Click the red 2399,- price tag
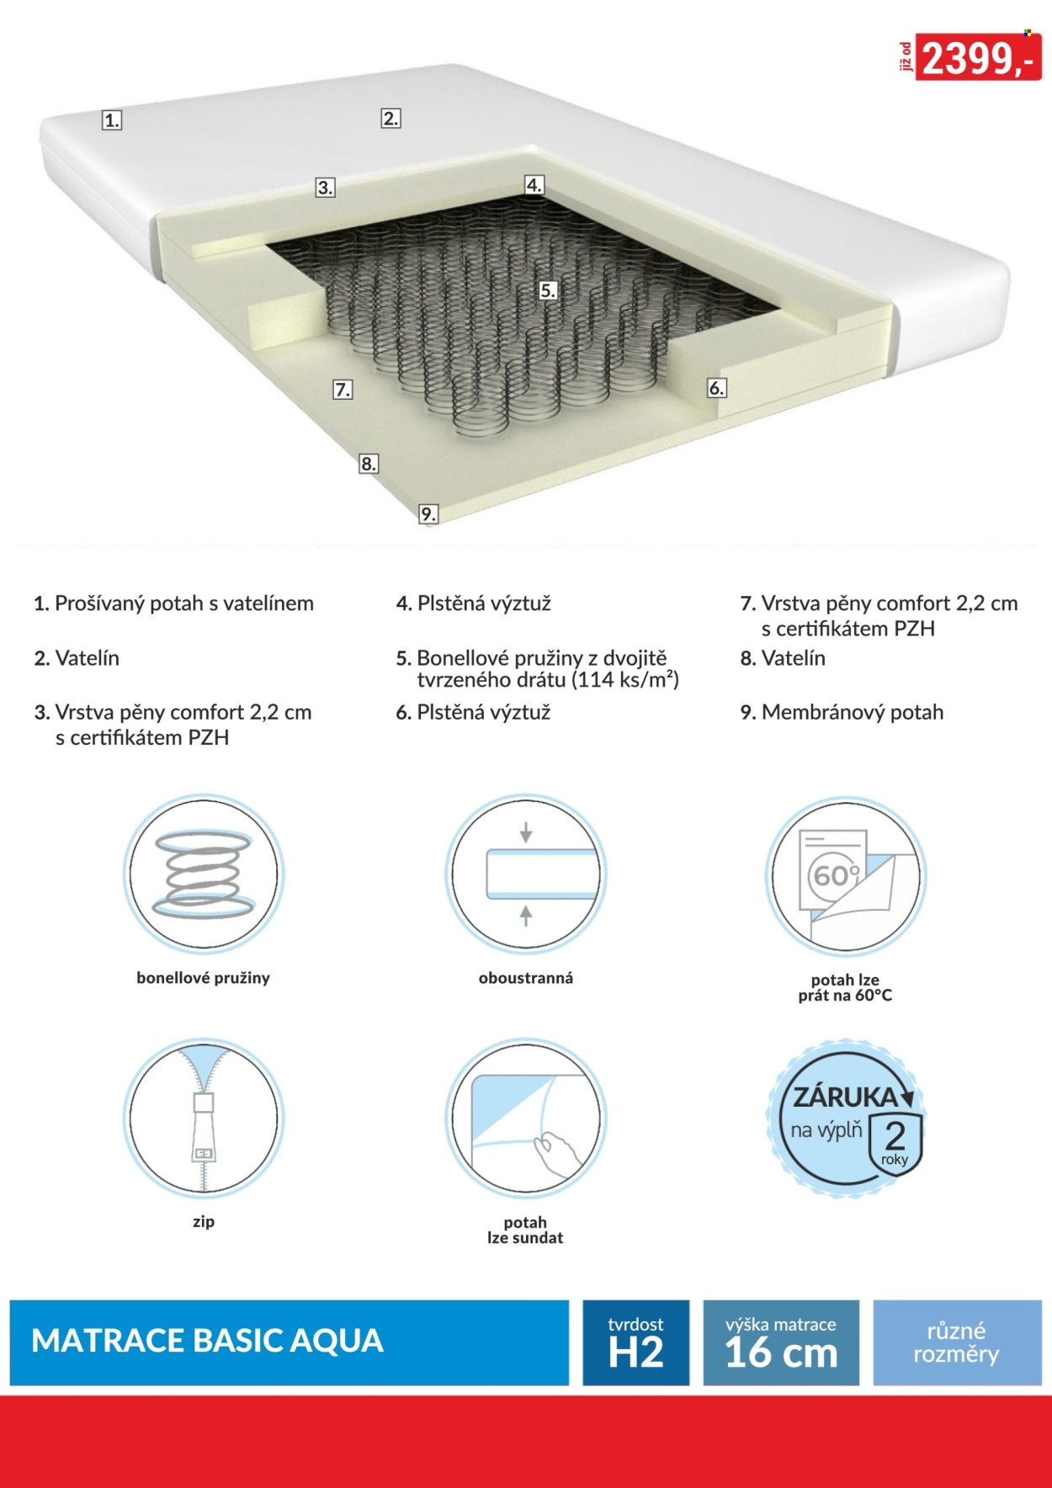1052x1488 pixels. (978, 57)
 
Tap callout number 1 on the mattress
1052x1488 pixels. (112, 120)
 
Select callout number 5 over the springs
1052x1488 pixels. (548, 291)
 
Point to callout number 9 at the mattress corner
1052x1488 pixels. (428, 514)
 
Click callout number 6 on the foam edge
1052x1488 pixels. (716, 388)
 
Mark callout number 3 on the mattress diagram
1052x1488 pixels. (325, 188)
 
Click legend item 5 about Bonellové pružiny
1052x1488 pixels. (537, 668)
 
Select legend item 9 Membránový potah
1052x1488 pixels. (842, 712)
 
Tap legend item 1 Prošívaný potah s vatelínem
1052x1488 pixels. (173, 603)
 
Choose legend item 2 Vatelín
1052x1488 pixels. (77, 658)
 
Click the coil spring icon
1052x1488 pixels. (204, 873)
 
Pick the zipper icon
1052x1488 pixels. (204, 1117)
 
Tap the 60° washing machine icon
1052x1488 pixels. (845, 875)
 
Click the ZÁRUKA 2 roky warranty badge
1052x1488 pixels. (845, 1119)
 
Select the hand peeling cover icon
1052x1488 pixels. (525, 1118)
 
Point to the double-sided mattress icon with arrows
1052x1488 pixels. (525, 874)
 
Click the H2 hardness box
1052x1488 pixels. (636, 1342)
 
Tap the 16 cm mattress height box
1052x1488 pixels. (781, 1342)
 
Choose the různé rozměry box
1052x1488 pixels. (957, 1342)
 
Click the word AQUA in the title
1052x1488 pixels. (337, 1341)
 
